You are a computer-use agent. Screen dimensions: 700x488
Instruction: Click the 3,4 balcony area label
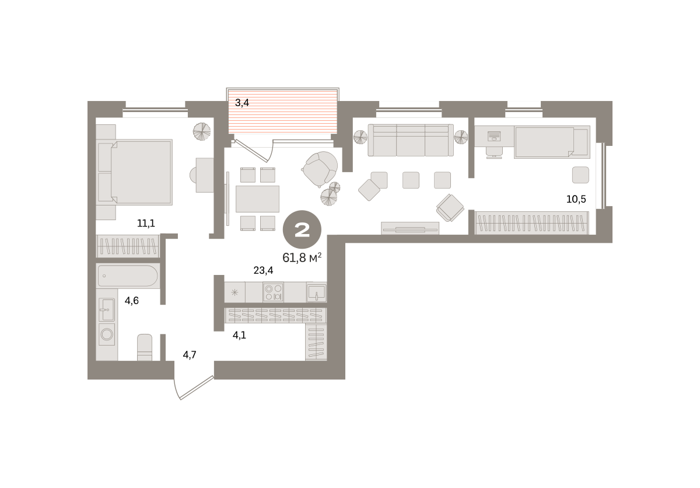click(242, 103)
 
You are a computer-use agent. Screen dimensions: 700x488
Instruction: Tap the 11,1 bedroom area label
click(146, 223)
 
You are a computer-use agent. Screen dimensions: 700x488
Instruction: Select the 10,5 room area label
click(576, 199)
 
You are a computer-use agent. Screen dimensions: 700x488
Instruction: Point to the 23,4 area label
click(263, 270)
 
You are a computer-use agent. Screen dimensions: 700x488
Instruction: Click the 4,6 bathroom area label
click(132, 301)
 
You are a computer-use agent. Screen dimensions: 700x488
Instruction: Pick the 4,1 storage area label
click(239, 336)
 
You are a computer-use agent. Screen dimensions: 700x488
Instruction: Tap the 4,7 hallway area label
click(190, 355)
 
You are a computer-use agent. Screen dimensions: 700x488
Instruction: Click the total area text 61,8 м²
click(302, 258)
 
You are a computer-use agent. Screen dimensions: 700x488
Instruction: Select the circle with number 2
click(302, 229)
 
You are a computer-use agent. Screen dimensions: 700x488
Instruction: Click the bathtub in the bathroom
click(128, 276)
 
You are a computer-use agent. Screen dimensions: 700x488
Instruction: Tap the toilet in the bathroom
click(145, 347)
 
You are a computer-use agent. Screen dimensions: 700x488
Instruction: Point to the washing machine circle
click(107, 334)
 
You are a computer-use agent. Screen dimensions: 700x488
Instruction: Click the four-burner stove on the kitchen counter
click(273, 292)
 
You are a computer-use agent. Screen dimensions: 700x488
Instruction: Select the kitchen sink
click(317, 292)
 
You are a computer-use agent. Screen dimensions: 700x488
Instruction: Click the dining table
click(257, 199)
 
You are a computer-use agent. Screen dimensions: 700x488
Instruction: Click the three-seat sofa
click(411, 140)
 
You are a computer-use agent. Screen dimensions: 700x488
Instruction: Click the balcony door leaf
click(251, 151)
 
